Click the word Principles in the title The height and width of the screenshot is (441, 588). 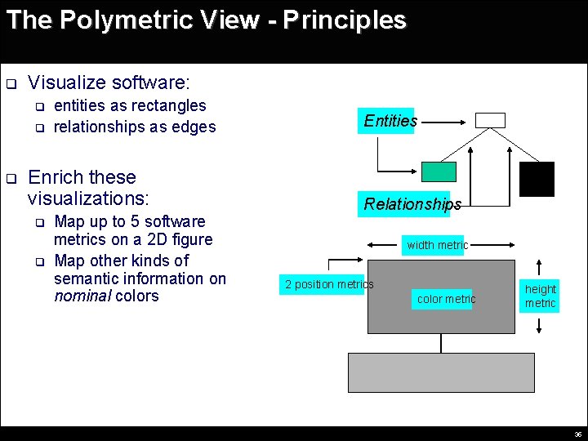345,20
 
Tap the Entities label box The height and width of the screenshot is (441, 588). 390,121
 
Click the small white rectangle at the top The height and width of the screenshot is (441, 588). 490,120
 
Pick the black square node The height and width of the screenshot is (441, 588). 537,179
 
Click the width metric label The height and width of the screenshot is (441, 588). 438,245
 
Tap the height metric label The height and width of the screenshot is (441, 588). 540,296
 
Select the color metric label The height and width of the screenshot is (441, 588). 445,299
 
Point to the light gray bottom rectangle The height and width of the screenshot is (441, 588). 441,372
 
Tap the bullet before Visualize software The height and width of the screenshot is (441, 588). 11,84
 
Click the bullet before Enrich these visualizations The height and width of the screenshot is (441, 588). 11,178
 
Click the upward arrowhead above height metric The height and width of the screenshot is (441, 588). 540,265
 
